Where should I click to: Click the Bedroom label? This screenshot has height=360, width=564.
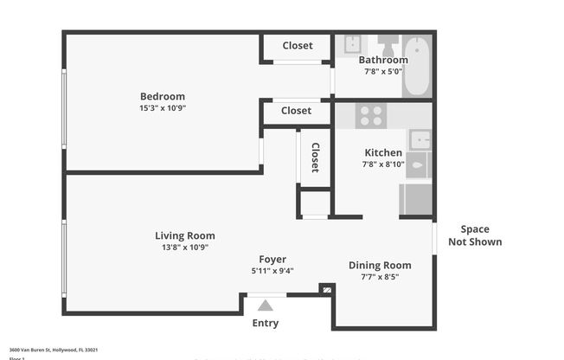point(163,96)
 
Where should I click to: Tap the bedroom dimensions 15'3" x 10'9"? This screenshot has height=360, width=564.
point(163,108)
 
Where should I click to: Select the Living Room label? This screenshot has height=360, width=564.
point(185,235)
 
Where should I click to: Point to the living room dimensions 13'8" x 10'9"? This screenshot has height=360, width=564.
point(185,247)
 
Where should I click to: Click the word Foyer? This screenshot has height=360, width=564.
point(272,259)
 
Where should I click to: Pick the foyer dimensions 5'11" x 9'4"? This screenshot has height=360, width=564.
point(272,270)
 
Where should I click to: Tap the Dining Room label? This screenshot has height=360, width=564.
point(380,265)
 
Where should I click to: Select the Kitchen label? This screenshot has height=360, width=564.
point(382,152)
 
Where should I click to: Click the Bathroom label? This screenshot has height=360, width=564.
point(383,60)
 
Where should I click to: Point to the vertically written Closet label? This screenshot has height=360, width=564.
point(315,157)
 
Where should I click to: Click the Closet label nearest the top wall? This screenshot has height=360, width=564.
point(297,45)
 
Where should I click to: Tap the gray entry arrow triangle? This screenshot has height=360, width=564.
point(266,305)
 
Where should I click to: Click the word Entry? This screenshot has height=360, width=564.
point(266,324)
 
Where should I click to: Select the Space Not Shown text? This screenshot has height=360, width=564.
point(475,235)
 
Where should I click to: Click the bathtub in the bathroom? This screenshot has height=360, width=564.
point(416,66)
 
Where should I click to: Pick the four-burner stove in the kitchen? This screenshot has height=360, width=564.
point(372,116)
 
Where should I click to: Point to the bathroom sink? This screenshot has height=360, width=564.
point(352,44)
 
